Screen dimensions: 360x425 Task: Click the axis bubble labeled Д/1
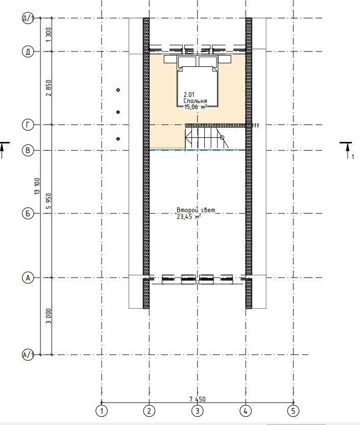click(x=28, y=18)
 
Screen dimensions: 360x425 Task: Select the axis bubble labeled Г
click(x=28, y=125)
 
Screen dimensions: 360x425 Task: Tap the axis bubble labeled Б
click(x=28, y=214)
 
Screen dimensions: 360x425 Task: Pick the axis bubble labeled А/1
click(x=28, y=355)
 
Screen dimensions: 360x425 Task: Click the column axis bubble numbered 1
click(x=102, y=411)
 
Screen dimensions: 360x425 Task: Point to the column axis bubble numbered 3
click(x=197, y=411)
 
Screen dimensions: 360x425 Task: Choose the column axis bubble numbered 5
click(x=293, y=411)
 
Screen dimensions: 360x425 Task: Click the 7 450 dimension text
click(x=197, y=399)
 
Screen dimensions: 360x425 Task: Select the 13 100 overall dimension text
click(x=37, y=186)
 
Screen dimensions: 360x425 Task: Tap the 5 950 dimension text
click(x=49, y=201)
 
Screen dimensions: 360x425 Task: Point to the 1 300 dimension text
click(x=49, y=35)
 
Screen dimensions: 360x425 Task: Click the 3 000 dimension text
click(x=49, y=316)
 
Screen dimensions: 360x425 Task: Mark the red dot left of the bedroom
click(x=118, y=90)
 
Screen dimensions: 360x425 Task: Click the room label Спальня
click(x=196, y=101)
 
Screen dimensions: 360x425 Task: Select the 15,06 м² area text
click(x=196, y=107)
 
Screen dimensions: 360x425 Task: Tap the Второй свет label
click(x=196, y=210)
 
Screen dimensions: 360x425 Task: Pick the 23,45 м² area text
click(x=189, y=216)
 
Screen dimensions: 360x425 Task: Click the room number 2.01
click(x=189, y=95)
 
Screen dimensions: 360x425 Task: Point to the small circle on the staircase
click(x=222, y=138)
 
